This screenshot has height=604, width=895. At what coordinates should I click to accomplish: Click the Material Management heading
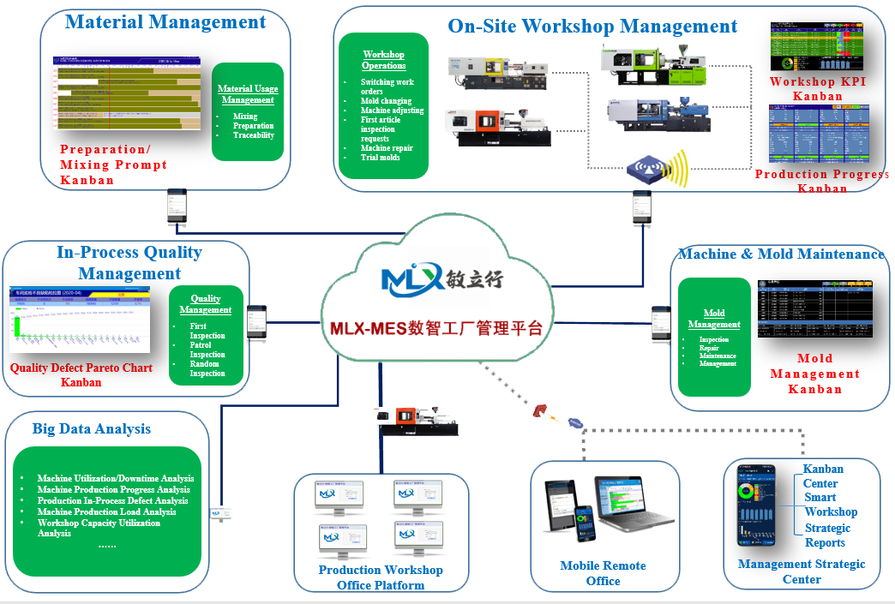165,22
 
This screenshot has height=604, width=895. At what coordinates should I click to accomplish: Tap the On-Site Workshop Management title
592,27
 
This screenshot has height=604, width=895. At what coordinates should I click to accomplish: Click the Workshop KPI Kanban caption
817,88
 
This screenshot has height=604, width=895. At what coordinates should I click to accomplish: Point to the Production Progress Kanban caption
821,181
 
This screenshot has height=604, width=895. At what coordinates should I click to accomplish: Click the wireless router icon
658,169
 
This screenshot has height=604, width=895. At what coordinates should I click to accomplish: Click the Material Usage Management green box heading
247,94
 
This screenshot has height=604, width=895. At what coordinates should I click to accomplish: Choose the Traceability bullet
253,135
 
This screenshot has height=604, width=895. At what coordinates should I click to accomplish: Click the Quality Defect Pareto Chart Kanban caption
81,375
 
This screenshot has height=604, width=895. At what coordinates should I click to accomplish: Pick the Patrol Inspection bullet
207,350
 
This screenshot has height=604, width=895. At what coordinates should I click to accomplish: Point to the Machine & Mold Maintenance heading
781,254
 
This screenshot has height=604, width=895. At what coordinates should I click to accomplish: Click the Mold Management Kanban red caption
814,374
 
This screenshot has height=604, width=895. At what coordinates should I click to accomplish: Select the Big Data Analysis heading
92,429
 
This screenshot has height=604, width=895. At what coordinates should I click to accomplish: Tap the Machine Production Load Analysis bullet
106,511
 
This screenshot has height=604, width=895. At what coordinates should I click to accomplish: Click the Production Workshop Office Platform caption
381,577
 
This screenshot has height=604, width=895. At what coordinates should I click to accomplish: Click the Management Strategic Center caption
802,571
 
